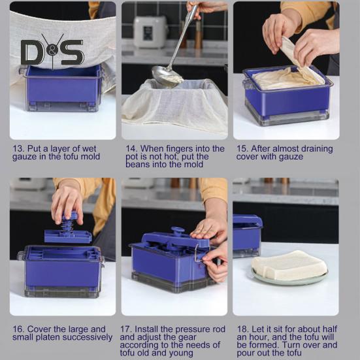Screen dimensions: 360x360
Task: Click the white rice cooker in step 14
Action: (150, 31)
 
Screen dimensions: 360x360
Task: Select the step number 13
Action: (18, 149)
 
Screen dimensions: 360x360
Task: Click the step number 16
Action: (18, 329)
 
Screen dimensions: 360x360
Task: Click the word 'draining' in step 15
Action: (317, 149)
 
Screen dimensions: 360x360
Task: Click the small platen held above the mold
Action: (68, 237)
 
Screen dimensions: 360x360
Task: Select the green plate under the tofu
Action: (289, 278)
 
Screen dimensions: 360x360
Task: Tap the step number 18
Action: (242, 329)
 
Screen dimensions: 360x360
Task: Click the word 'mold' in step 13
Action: (90, 157)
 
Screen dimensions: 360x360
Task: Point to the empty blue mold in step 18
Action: (247, 236)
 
